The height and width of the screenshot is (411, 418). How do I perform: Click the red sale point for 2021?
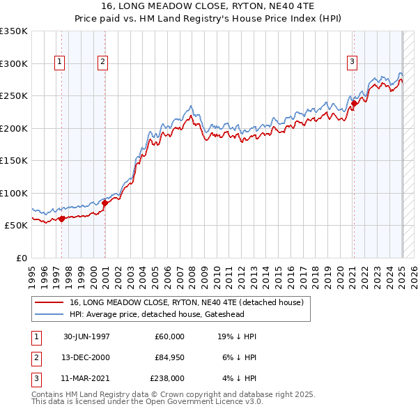click(354, 104)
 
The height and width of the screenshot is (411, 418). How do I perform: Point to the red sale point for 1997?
click(62, 219)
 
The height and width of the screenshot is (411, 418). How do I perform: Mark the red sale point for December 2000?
click(105, 203)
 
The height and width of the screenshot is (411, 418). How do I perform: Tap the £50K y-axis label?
click(16, 226)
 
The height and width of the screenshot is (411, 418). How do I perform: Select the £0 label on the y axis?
click(21, 258)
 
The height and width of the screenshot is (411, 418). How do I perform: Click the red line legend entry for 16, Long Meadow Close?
click(186, 303)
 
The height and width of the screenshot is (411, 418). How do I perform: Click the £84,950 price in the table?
click(169, 357)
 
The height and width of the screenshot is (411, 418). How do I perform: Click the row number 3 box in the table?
click(36, 378)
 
